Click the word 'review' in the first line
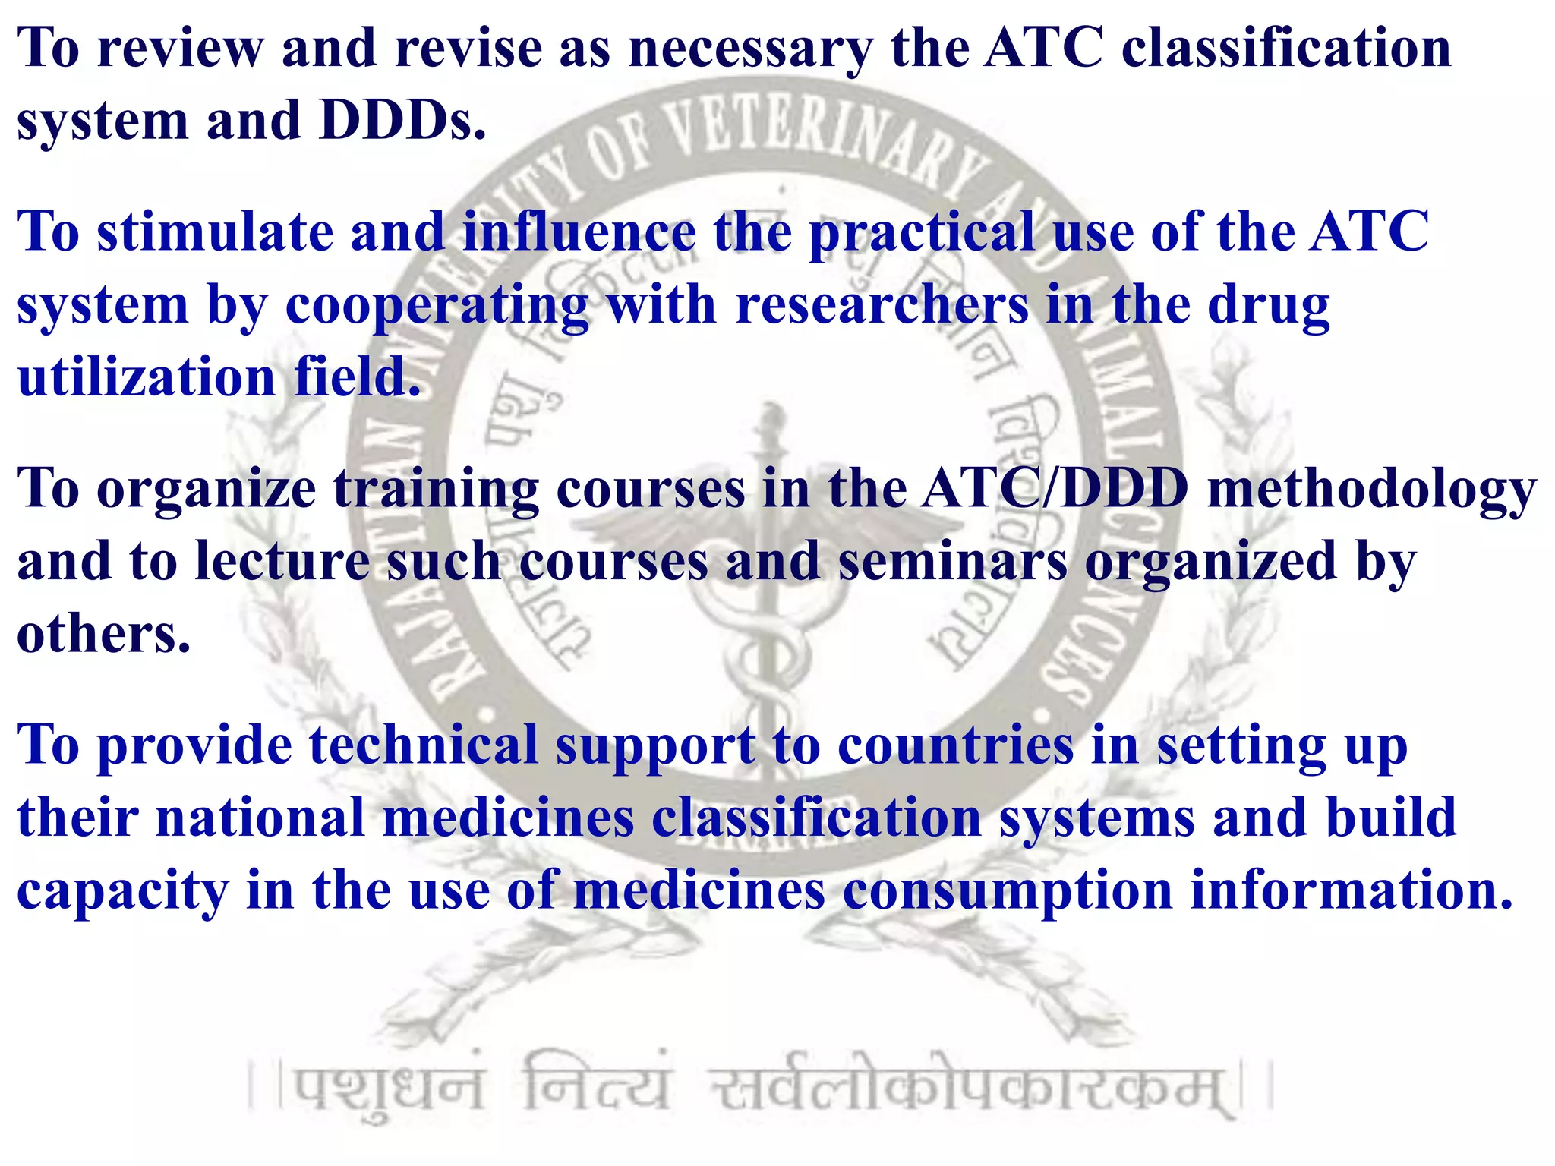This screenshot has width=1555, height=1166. click(x=180, y=49)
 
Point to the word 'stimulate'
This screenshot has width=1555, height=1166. click(x=215, y=232)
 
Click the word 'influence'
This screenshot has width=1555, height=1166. click(x=579, y=232)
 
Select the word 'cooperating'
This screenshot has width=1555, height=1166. click(x=437, y=307)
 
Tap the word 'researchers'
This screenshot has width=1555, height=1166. click(x=882, y=305)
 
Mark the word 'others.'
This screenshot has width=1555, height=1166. click(x=103, y=635)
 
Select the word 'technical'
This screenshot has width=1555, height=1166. click(x=424, y=745)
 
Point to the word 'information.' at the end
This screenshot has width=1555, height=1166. click(x=1352, y=890)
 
